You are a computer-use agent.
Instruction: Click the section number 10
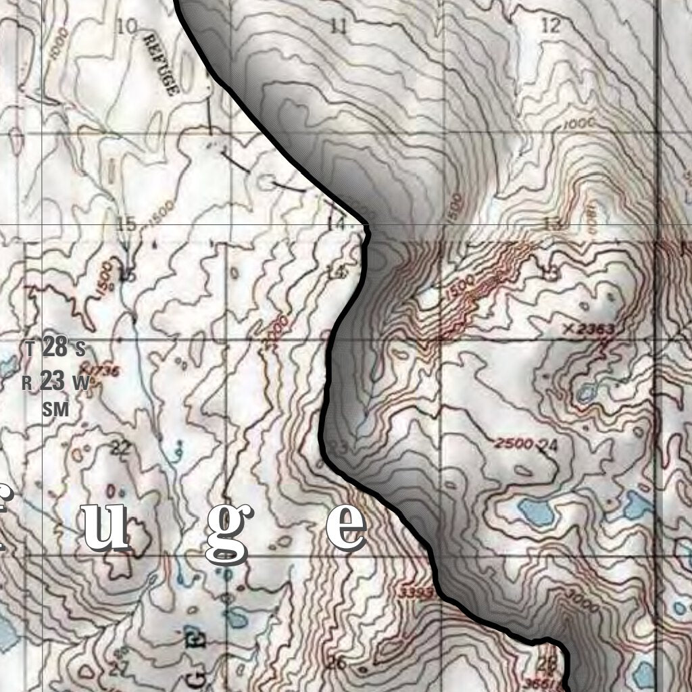point(126,26)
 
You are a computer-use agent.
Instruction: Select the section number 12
point(551,26)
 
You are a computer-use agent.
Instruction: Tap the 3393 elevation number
point(416,593)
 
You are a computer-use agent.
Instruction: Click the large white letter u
point(106,526)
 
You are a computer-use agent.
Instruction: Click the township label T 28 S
point(55,349)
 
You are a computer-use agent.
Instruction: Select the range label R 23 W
point(55,382)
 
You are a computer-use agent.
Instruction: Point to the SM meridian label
point(55,409)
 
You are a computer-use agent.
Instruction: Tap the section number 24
point(549,445)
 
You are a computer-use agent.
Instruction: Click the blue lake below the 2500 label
point(537,512)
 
